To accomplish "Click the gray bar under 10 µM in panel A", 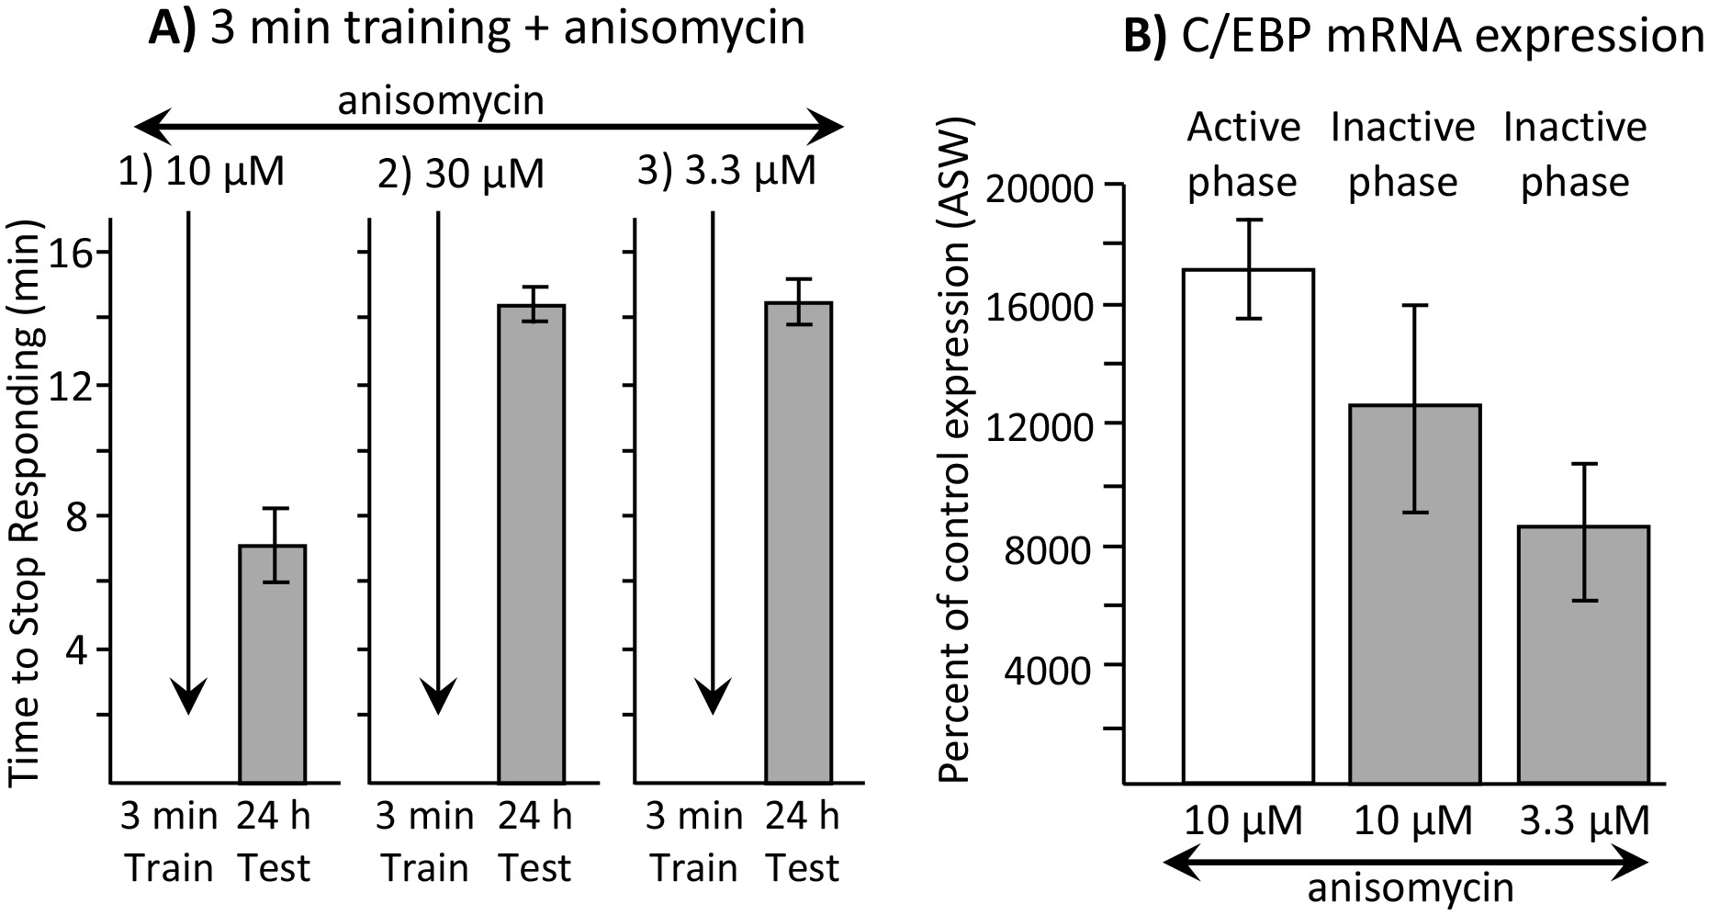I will [273, 663].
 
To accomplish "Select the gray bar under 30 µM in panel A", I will [532, 544].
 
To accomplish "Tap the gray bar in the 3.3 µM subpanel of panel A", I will [798, 542].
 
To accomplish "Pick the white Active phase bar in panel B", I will [1247, 525].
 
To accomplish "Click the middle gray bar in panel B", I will [1415, 593].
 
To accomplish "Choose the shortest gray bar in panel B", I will [1584, 654].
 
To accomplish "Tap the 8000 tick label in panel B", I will [1050, 549].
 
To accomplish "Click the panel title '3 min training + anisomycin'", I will [477, 27].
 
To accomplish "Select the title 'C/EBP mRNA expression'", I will [1414, 37].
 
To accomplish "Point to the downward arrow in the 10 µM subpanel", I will [188, 459].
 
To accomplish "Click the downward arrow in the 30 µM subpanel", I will [438, 459].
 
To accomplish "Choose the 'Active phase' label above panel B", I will [1243, 153].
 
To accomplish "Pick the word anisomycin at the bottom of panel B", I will [1410, 890].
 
